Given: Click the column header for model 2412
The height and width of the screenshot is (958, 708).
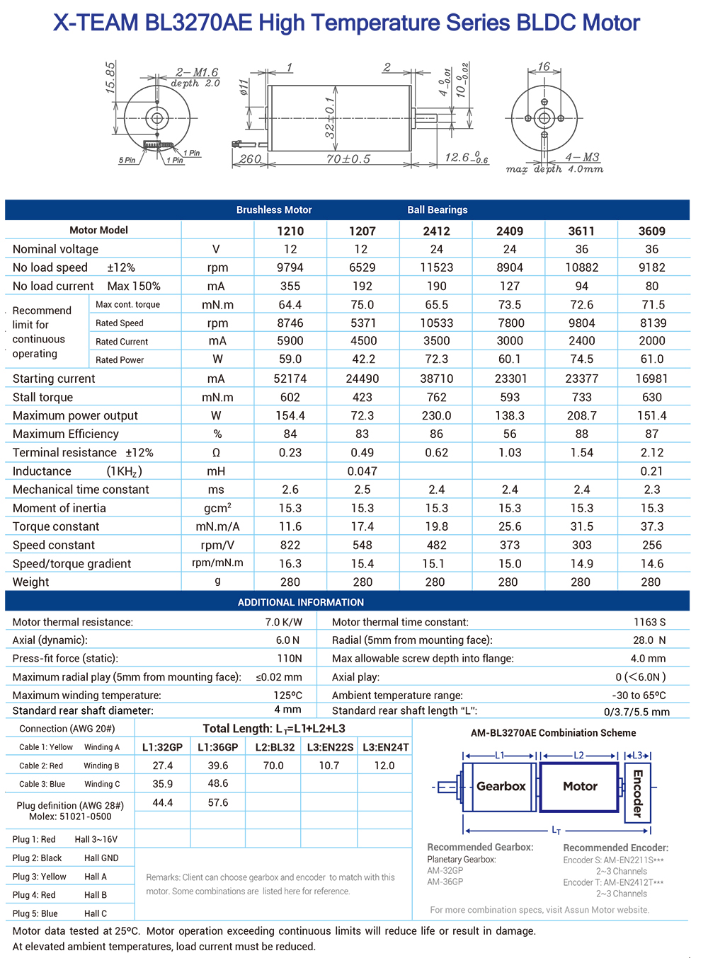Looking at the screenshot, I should point(436,231).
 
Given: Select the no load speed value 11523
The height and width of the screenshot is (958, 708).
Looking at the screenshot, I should point(436,267).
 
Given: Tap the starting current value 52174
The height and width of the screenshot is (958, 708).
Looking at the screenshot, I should point(290,379).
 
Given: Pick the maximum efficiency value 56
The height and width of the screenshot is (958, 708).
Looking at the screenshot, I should point(510,434).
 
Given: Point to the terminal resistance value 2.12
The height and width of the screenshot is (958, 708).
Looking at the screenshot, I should point(651,452).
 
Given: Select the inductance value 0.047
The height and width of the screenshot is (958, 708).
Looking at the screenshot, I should point(362,471).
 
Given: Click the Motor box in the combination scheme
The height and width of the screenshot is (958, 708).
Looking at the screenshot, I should point(580,786).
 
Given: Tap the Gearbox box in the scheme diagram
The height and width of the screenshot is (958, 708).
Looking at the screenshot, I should point(501,786).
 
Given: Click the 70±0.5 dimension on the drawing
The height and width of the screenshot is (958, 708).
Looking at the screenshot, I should point(348,159).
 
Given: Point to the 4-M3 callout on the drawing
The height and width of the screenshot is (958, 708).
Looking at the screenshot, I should point(582,157).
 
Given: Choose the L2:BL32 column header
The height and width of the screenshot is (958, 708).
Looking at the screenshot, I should point(273,747).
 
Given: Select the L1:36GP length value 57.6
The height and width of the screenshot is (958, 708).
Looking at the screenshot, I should point(218,802).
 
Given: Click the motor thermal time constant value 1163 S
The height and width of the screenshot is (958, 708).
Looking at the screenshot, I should point(649,622).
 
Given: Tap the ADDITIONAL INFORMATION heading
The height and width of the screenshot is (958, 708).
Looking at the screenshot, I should point(301,602).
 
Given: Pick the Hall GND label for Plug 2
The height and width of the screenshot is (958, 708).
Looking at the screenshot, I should point(101,858).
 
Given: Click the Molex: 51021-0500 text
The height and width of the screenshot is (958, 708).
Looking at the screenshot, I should point(70,816).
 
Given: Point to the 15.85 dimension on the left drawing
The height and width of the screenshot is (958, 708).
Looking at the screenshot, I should point(110,77).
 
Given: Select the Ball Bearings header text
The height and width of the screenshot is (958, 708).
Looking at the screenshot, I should point(437,209).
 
